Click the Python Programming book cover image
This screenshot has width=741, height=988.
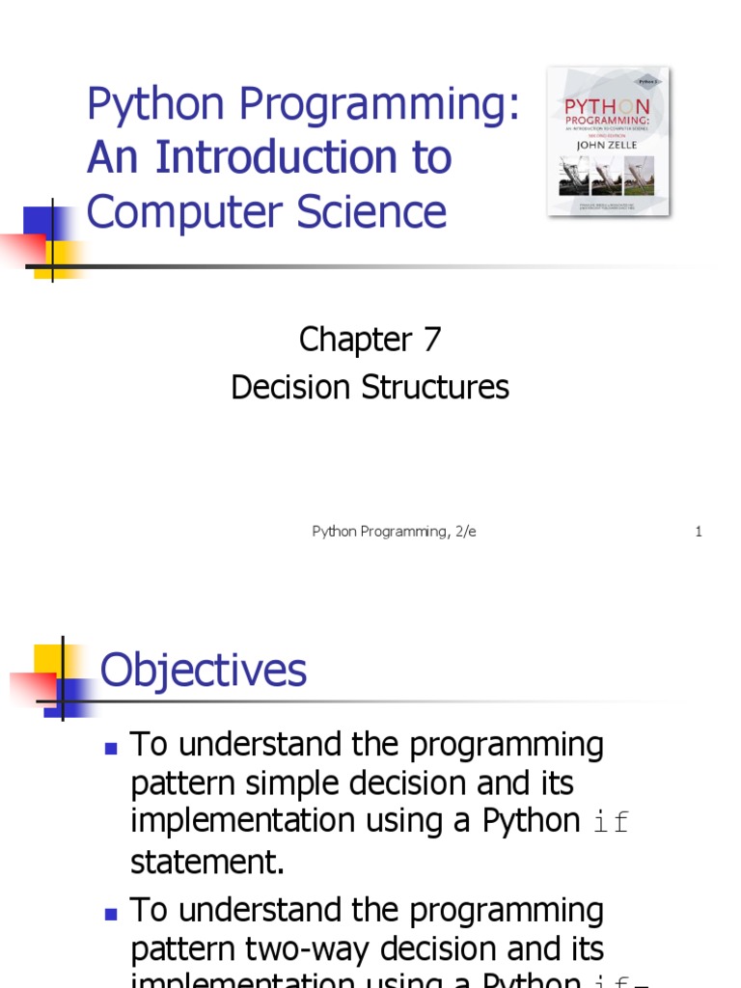pos(609,141)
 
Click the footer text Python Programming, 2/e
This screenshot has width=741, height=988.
pos(394,532)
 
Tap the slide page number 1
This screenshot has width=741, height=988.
pos(698,532)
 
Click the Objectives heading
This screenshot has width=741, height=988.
pos(204,670)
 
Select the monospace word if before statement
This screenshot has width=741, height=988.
pos(608,822)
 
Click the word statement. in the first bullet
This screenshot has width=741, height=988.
pos(207,862)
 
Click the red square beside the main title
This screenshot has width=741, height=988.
pos(19,246)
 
